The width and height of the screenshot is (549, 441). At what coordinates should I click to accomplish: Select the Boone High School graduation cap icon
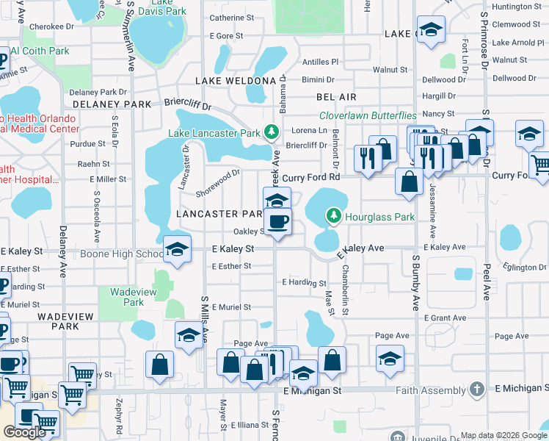(177, 250)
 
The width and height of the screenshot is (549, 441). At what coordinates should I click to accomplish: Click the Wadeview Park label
(127, 297)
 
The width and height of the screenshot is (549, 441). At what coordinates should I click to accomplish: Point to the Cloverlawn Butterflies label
(368, 116)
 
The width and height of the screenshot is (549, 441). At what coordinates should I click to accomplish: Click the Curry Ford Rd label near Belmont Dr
(311, 177)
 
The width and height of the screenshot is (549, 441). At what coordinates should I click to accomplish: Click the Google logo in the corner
(23, 432)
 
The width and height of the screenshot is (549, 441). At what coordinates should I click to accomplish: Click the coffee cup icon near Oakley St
(277, 221)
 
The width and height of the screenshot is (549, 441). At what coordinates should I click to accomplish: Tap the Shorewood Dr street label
(218, 184)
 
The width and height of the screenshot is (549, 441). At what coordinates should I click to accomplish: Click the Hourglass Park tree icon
(334, 215)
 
